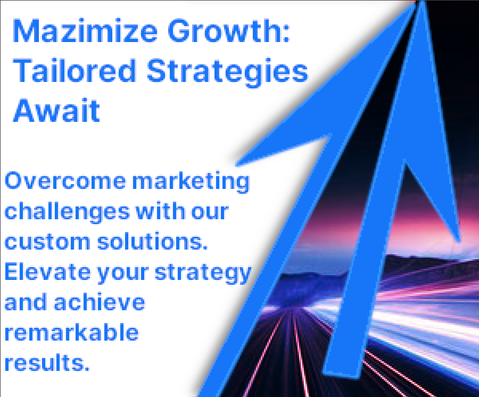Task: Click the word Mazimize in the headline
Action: [85, 31]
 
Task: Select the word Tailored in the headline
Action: [75, 71]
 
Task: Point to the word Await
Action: [56, 110]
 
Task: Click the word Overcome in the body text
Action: [65, 181]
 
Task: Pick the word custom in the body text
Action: [47, 242]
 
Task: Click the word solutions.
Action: [152, 241]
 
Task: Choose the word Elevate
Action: [47, 272]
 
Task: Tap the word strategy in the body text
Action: [203, 274]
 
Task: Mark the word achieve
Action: [100, 302]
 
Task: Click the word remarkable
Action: [71, 332]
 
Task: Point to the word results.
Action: [47, 363]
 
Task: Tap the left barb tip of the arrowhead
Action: [237, 164]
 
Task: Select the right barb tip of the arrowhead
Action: [458, 241]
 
